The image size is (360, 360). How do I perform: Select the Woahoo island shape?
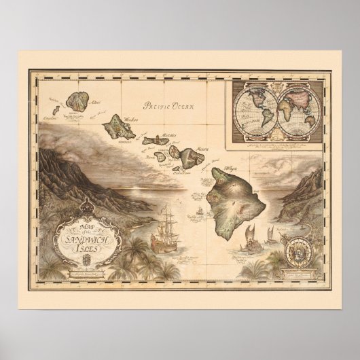[120, 126]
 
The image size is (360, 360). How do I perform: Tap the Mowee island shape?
[192, 154]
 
